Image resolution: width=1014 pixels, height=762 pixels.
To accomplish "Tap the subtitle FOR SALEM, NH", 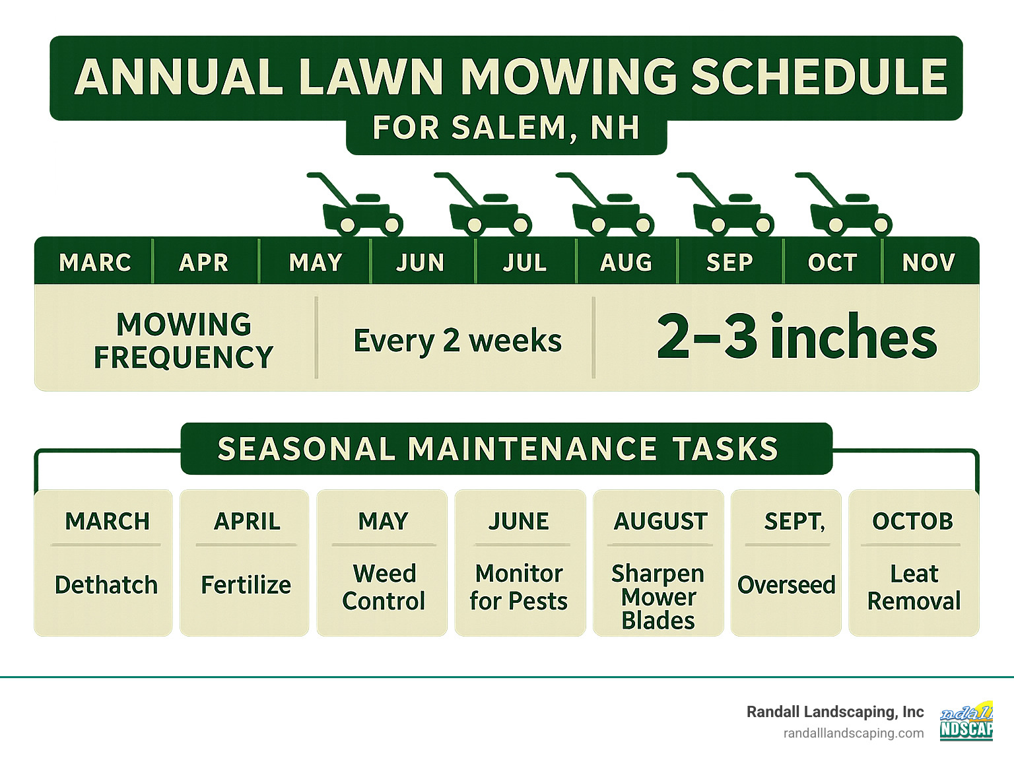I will click(x=506, y=128).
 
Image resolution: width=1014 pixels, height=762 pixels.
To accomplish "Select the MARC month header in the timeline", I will click(x=95, y=263).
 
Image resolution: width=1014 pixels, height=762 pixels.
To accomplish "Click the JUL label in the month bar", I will click(x=525, y=263).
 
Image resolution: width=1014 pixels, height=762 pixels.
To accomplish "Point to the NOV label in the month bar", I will click(x=929, y=263).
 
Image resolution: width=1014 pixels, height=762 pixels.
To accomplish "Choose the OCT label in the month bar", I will click(x=832, y=263).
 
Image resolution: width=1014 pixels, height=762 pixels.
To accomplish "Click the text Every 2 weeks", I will click(x=457, y=341).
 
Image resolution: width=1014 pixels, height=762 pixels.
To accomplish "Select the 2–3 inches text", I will click(x=797, y=337).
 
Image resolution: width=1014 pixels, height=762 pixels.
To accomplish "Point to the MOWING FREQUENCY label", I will click(x=184, y=341).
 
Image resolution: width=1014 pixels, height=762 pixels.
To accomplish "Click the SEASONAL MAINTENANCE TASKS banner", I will click(x=498, y=449).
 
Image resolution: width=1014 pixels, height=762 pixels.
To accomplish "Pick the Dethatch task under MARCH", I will click(x=106, y=585).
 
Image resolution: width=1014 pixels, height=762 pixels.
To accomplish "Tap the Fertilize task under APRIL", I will click(x=246, y=585).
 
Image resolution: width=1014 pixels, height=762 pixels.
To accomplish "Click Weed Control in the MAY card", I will click(x=384, y=588).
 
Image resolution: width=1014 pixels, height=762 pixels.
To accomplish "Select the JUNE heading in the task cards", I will click(x=519, y=522).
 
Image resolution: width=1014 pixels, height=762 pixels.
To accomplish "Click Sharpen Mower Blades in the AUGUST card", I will click(x=658, y=597).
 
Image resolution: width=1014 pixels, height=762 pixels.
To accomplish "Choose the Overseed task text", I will click(x=786, y=585).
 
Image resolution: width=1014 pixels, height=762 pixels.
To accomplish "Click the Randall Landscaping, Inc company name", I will click(x=835, y=712).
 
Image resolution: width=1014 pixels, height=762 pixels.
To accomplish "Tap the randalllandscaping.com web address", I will click(x=854, y=733).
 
